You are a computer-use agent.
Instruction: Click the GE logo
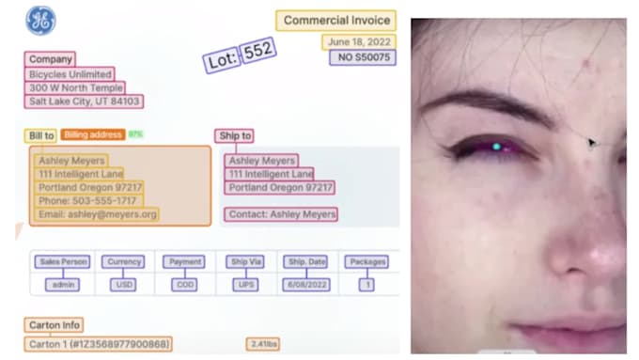pos(40,21)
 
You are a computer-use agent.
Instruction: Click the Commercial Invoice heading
pos(335,21)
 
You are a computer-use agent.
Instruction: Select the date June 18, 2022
pos(359,42)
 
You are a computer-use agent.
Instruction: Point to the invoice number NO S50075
pos(362,58)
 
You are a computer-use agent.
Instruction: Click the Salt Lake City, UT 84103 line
pos(85,102)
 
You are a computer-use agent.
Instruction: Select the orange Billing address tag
pos(94,135)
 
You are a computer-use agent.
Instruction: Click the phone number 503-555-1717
pos(87,201)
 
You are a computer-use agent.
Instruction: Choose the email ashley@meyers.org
pos(98,214)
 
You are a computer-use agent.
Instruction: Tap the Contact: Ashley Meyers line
pos(282,214)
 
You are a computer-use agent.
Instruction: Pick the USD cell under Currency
pos(123,284)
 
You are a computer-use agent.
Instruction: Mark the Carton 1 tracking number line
pos(98,344)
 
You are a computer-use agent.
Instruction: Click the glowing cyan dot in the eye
pos(496,146)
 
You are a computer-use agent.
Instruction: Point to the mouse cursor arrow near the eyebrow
pos(591,143)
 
